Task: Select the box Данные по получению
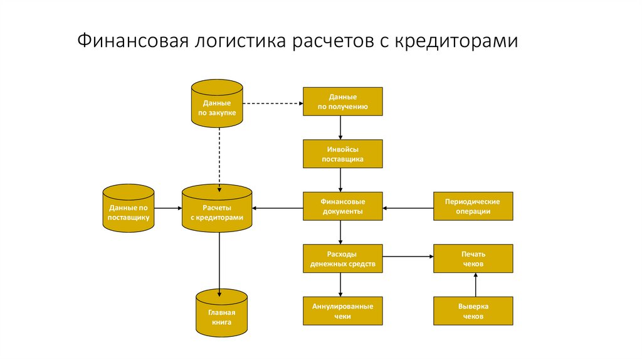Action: pos(342,102)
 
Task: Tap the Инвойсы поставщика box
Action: pos(342,155)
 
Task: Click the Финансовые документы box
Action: pos(342,207)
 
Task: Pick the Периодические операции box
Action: pos(473,207)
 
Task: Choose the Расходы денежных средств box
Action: pos(342,259)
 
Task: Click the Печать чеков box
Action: pos(473,259)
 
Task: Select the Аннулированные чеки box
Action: pos(342,311)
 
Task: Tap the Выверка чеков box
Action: pos(473,311)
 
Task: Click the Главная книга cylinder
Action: pos(221,316)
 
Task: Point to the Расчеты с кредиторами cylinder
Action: pos(217,211)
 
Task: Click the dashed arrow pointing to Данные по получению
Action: pos(273,103)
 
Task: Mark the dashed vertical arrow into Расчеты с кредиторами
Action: pos(219,157)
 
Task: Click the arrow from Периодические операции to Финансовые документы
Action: pos(408,208)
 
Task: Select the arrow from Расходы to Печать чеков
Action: pos(408,256)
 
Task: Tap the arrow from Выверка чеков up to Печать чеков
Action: pos(475,285)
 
